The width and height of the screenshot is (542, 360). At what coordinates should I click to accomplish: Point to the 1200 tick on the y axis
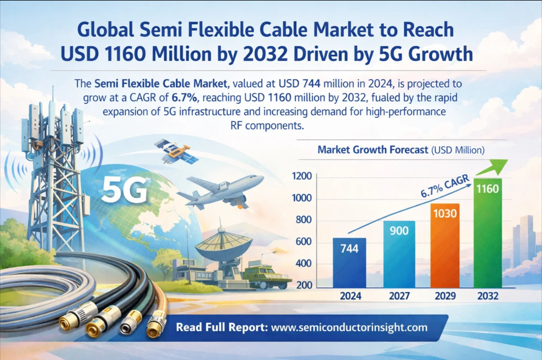click(x=304, y=176)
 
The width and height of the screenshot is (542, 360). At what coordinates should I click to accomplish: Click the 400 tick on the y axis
click(x=305, y=263)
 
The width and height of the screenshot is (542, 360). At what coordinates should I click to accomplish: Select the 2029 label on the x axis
click(x=445, y=296)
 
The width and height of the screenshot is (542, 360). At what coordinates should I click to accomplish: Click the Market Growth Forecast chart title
click(x=373, y=150)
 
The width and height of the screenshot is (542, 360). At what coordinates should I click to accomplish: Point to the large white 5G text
click(x=125, y=190)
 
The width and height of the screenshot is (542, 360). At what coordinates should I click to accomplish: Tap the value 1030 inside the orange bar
click(x=445, y=213)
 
